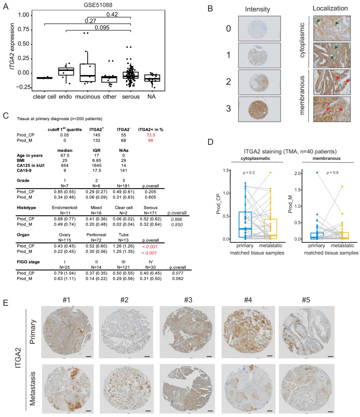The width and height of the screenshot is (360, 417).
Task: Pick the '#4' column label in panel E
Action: (x=247, y=296)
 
